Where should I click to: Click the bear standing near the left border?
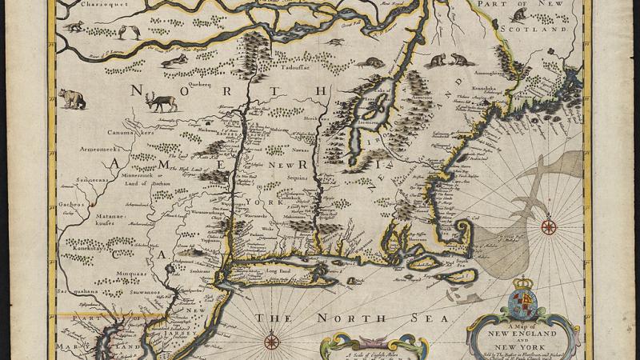[x=71, y=98]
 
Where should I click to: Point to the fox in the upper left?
[x=75, y=26]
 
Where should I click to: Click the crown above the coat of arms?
[x=522, y=284]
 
